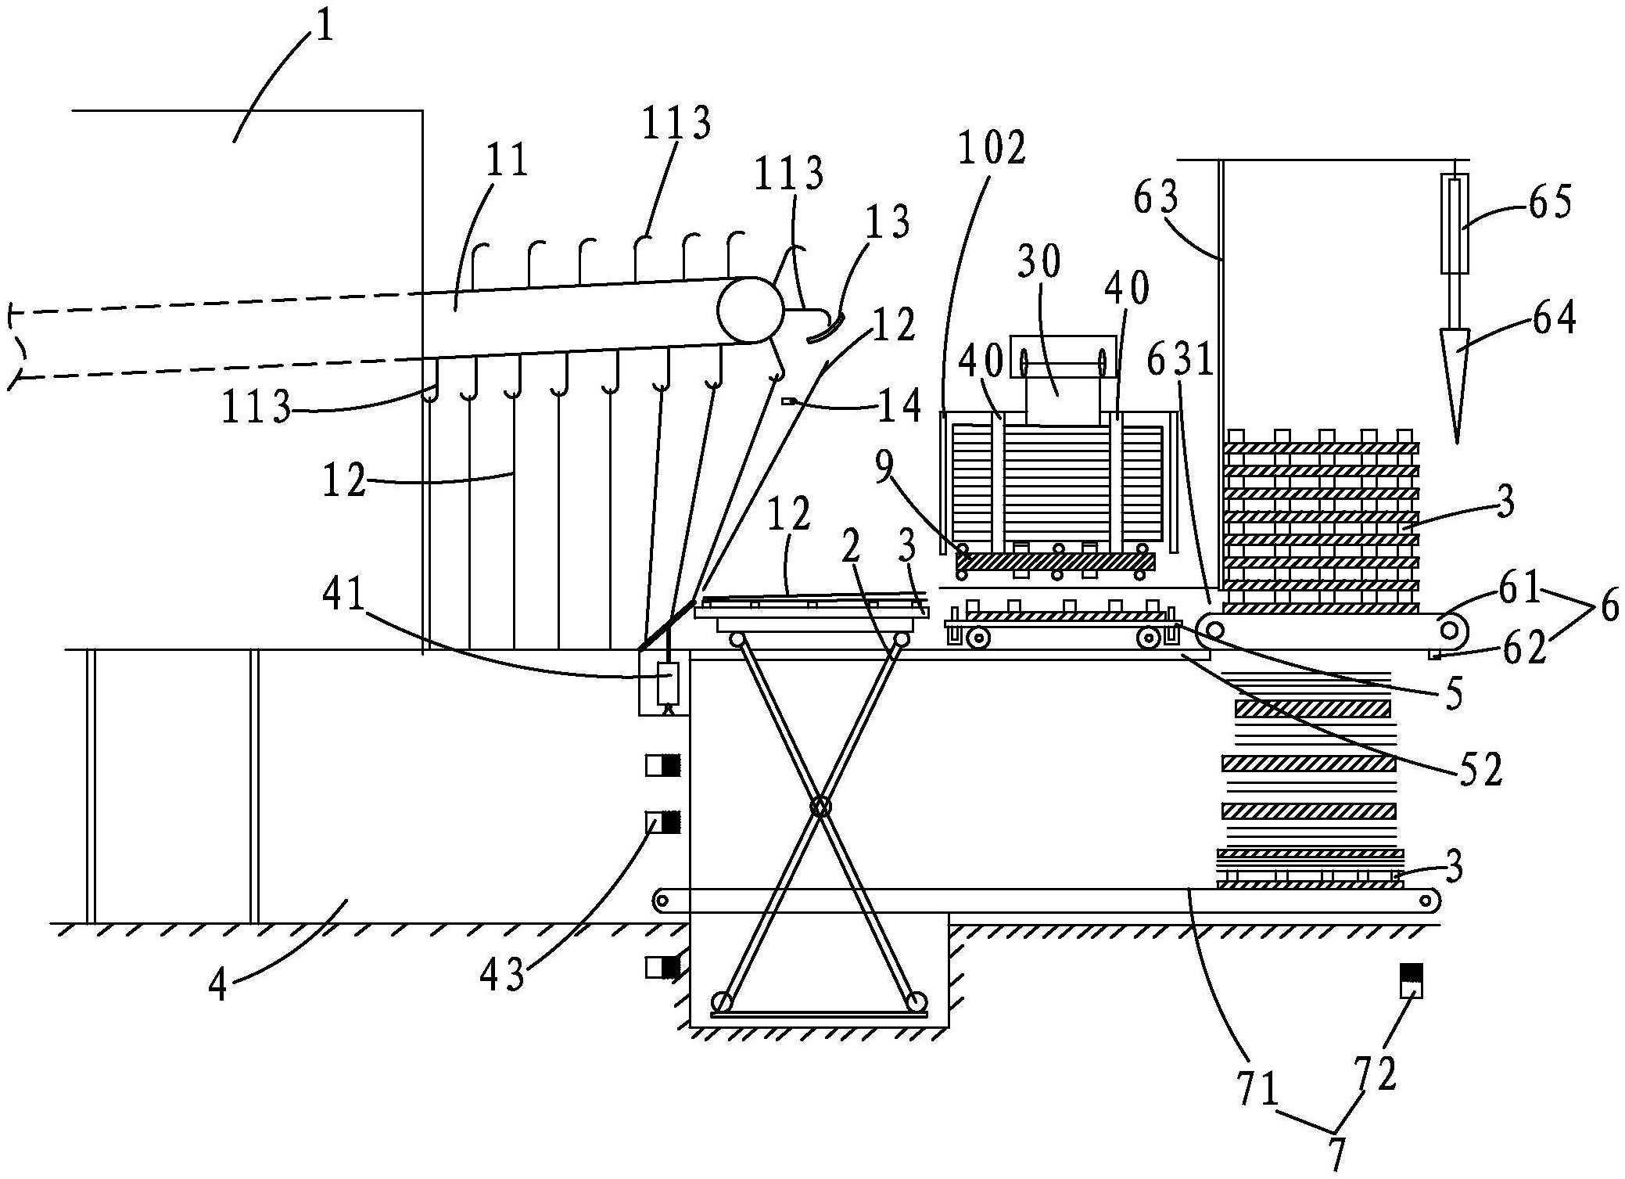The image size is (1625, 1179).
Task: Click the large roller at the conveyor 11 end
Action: click(750, 310)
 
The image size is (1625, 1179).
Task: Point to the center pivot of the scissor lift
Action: click(820, 806)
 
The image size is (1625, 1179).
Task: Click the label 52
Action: click(1480, 770)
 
